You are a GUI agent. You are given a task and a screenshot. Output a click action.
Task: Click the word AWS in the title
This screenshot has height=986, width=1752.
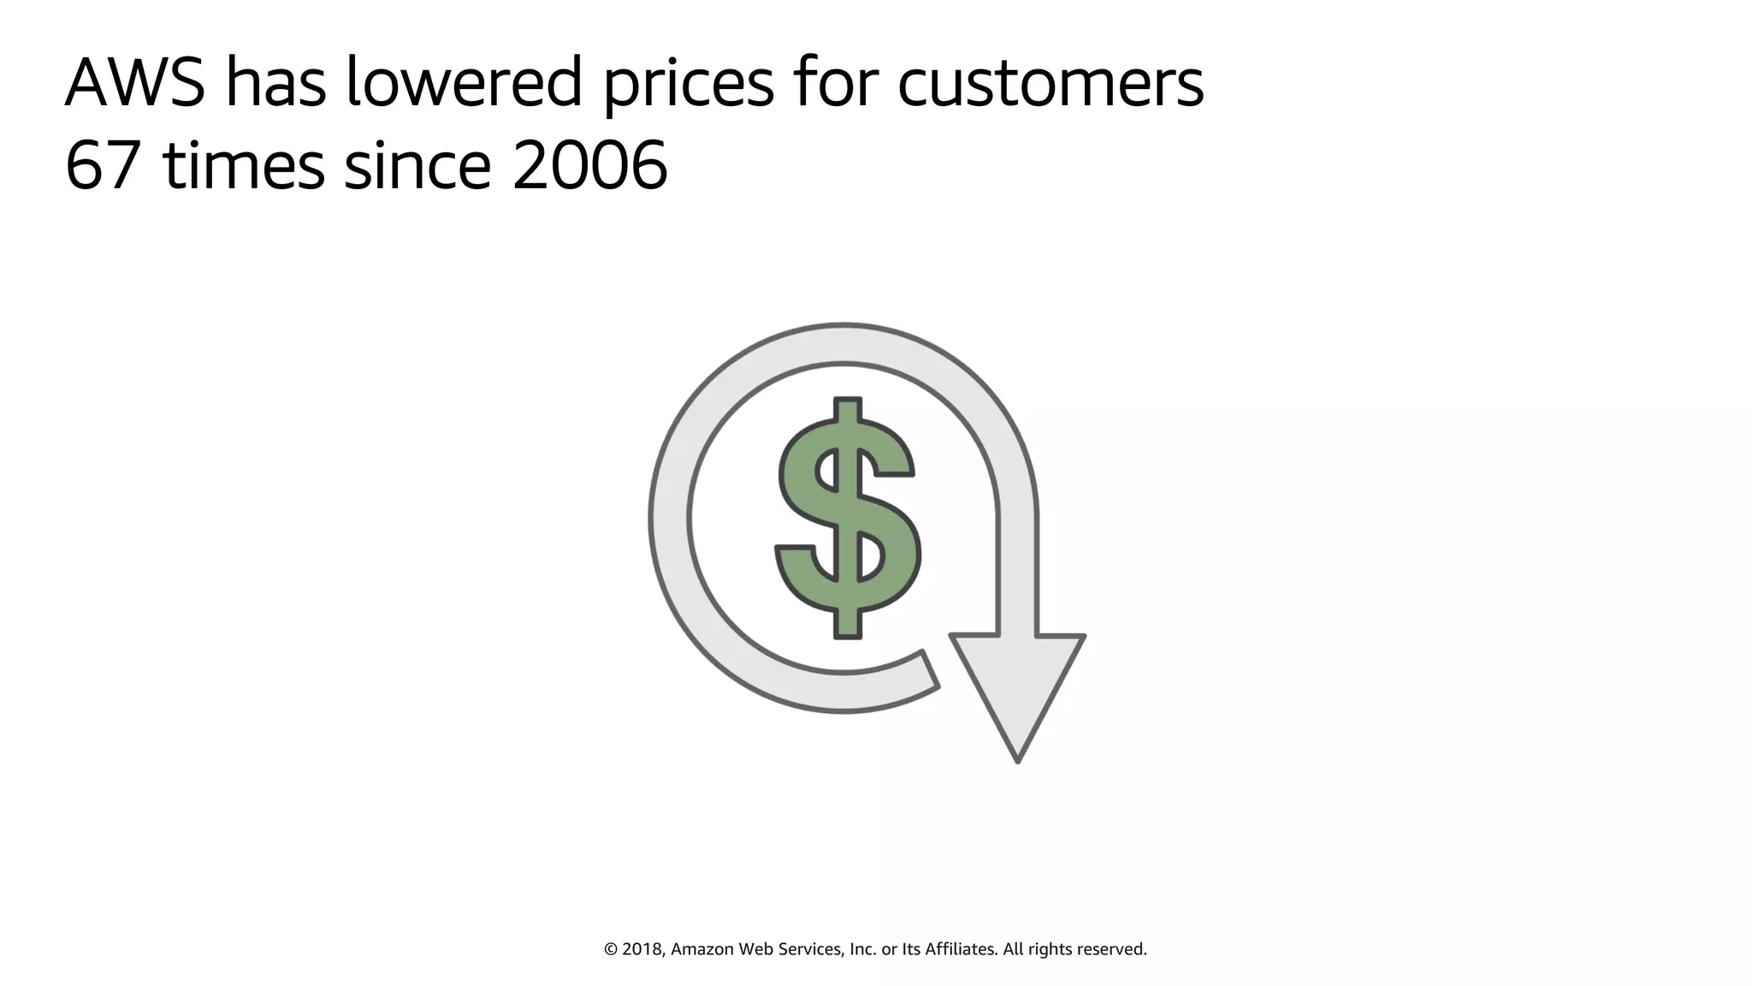pos(135,83)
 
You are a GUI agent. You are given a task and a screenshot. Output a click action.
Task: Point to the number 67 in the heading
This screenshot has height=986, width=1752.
pos(102,165)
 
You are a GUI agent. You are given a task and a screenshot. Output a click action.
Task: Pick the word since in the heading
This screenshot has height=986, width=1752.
pos(417,165)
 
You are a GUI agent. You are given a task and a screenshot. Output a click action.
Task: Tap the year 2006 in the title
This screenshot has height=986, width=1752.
pos(589,165)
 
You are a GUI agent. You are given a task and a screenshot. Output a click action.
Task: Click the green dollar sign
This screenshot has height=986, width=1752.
pos(848,517)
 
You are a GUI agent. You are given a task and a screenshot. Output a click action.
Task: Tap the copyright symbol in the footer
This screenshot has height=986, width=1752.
pos(611,949)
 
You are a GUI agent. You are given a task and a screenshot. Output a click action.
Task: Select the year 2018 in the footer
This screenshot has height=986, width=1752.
pos(642,949)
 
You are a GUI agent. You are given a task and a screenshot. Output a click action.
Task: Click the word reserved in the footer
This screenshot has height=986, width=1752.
pos(1111,949)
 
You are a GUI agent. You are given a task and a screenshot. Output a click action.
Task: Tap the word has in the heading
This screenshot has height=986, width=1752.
pos(275,83)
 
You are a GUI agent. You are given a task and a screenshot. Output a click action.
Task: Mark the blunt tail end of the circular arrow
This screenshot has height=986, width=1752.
pos(930,668)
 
